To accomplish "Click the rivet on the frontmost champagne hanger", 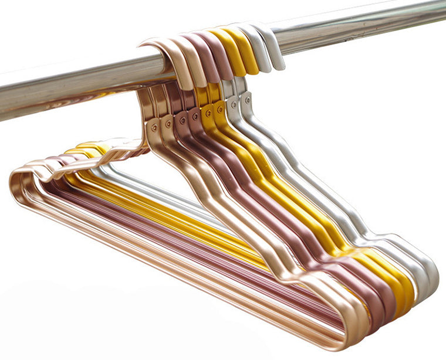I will point(154,127).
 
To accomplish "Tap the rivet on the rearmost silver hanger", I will point(248,100).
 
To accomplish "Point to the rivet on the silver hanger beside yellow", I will point(234,105).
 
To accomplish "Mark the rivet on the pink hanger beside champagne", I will point(183,120).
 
